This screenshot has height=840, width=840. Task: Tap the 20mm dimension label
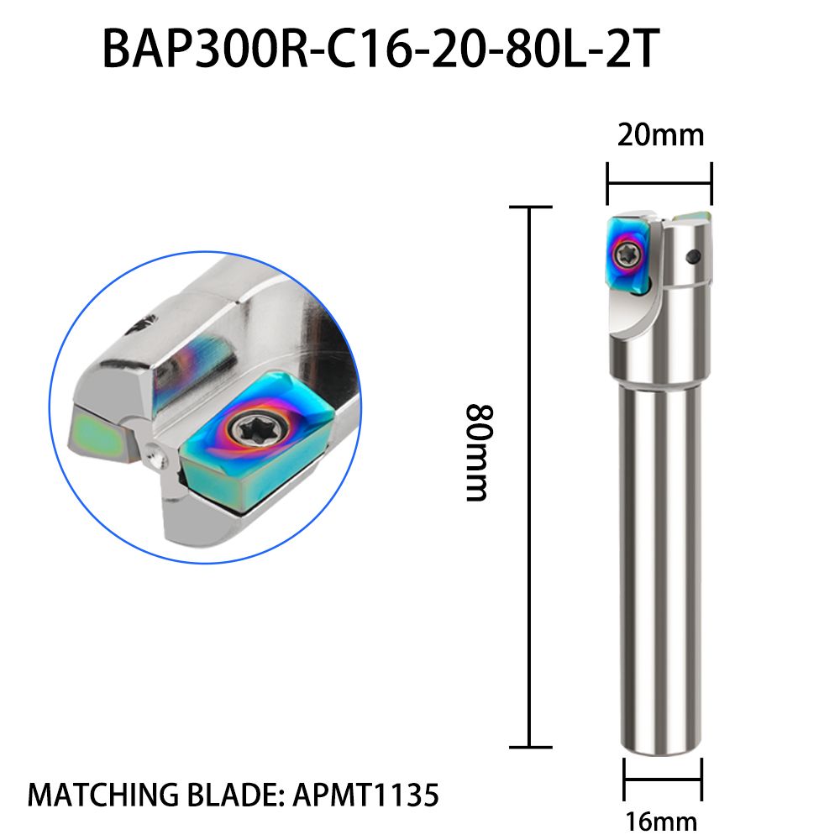[x=660, y=134]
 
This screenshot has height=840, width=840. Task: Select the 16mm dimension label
[x=662, y=820]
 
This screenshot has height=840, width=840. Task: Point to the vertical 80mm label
[x=477, y=453]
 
